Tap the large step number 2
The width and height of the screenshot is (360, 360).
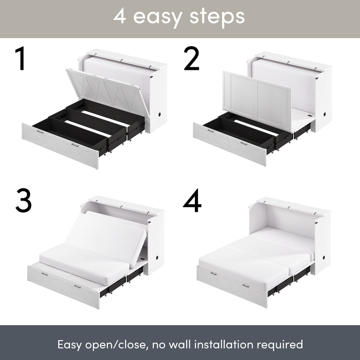tap(191, 60)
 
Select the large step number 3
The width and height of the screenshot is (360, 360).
tap(23, 201)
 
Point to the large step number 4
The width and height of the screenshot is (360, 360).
tap(192, 201)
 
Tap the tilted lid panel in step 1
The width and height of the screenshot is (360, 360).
tap(106, 90)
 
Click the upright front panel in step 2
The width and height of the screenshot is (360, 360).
tap(257, 98)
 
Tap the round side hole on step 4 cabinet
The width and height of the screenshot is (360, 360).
tap(324, 256)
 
